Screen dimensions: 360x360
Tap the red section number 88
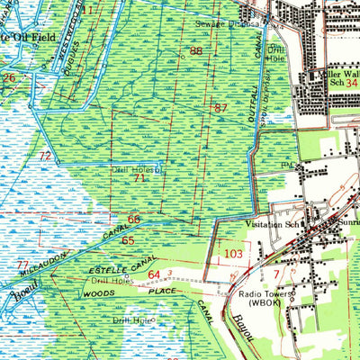pos(195,51)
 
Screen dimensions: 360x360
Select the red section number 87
pos(220,108)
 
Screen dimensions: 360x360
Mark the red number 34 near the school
pos(352,83)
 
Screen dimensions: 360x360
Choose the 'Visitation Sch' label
pos(271,226)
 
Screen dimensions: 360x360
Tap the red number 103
pos(234,256)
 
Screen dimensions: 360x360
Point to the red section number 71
pos(139,178)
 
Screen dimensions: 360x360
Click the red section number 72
pos(44,157)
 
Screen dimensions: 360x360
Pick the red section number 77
pos(21,265)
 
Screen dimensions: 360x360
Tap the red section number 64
pos(154,274)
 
